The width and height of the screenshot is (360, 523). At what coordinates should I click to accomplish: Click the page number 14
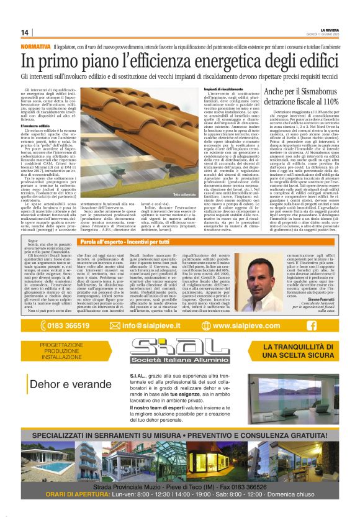25,32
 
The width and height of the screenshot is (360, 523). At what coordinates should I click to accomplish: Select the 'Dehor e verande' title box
68,384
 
